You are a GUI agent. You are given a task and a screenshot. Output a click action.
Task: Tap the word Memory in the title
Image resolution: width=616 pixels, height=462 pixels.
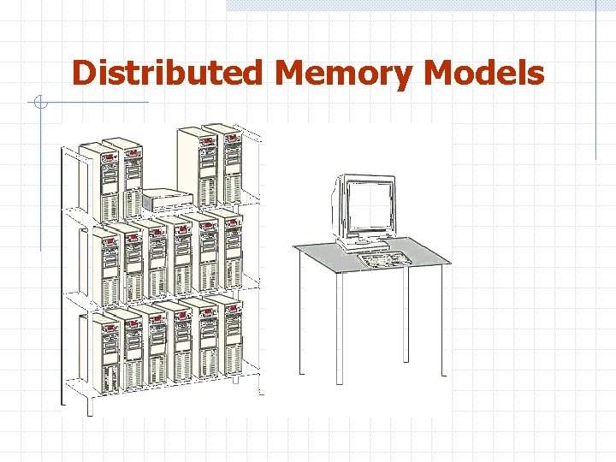(x=346, y=74)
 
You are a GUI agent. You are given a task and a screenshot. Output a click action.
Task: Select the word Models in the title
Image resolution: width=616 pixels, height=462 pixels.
(x=484, y=73)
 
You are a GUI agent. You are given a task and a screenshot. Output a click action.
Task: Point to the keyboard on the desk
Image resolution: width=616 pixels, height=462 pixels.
(x=384, y=258)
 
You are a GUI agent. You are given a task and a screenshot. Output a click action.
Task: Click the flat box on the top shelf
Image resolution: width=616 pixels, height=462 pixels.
(x=169, y=200)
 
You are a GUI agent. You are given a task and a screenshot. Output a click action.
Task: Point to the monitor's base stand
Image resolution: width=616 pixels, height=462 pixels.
(x=364, y=243)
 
